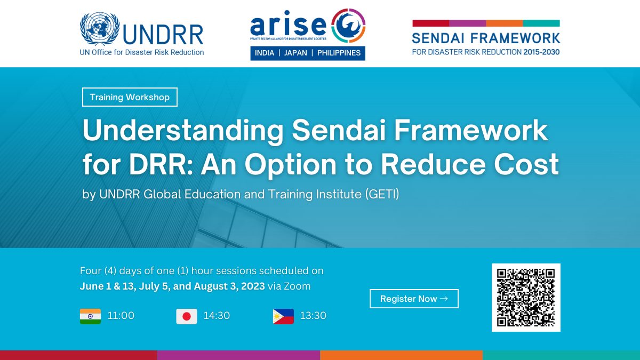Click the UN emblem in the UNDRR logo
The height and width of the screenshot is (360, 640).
(100, 29)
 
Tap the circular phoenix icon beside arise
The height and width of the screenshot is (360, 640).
(348, 26)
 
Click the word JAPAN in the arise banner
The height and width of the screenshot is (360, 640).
(295, 53)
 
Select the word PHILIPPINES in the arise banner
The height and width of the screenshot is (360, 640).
(339, 53)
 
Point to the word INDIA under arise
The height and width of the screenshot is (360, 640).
(265, 53)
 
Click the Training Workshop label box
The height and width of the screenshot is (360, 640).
(130, 97)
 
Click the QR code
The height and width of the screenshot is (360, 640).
(526, 298)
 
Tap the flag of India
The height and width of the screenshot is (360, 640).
(90, 316)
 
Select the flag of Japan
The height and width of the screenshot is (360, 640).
(187, 316)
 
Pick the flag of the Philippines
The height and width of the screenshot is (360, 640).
(283, 316)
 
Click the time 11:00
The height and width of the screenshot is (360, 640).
(121, 316)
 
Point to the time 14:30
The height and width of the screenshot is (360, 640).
(217, 316)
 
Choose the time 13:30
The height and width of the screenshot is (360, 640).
(313, 316)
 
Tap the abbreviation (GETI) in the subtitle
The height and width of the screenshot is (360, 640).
(382, 194)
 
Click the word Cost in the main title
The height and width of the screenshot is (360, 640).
(526, 164)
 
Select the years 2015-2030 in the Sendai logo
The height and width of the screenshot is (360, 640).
(541, 52)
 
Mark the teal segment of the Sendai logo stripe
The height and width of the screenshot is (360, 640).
(541, 23)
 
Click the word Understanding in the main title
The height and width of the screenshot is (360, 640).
(183, 130)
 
